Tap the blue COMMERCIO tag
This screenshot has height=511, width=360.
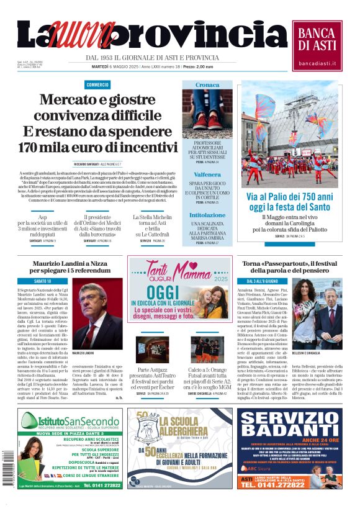(x=97, y=84)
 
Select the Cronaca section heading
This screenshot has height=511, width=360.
(x=207, y=84)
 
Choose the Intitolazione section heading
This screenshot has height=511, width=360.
(x=207, y=214)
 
